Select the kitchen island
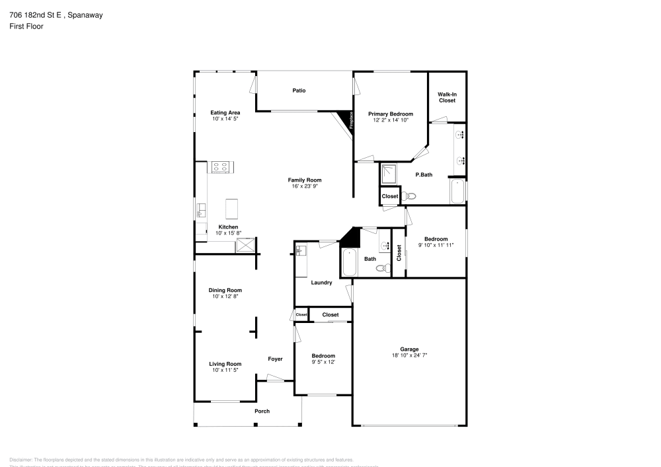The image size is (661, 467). pyautogui.click(x=232, y=209)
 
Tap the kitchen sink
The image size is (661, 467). pyautogui.click(x=200, y=211)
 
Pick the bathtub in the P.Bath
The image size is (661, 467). pyautogui.click(x=457, y=192)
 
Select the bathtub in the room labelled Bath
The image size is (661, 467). pyautogui.click(x=349, y=262)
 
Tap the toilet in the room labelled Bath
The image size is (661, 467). pyautogui.click(x=382, y=268)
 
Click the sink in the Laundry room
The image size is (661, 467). pyautogui.click(x=300, y=251)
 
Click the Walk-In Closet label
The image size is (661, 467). pyautogui.click(x=447, y=97)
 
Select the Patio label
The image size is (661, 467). pyautogui.click(x=299, y=90)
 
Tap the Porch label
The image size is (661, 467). pyautogui.click(x=262, y=411)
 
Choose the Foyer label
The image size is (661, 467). pyautogui.click(x=275, y=359)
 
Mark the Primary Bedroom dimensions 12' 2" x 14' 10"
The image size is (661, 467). pyautogui.click(x=390, y=120)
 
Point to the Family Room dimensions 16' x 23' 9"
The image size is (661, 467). pyautogui.click(x=304, y=186)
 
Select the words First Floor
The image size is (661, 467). pyautogui.click(x=26, y=26)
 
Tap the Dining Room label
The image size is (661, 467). pyautogui.click(x=225, y=290)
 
